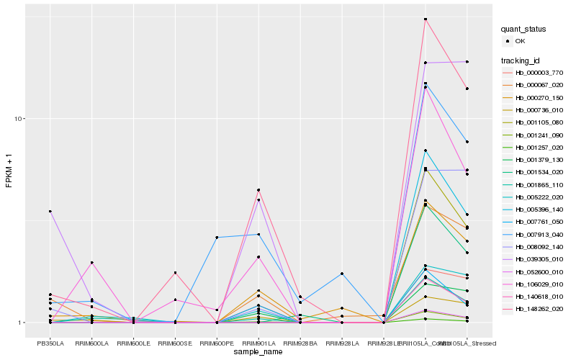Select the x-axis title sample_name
[x=258, y=352]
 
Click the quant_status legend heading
[x=524, y=30]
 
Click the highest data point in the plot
[x=426, y=19]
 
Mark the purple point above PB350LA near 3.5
[x=50, y=211]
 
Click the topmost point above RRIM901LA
[x=258, y=190]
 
